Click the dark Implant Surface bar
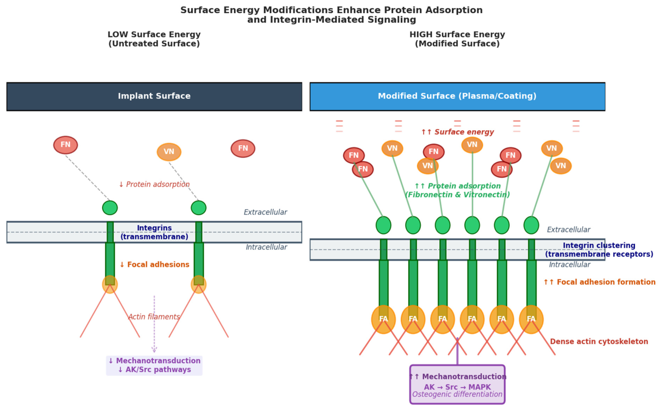click(154, 97)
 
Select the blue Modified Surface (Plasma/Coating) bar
click(458, 97)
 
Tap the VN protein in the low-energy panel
click(169, 152)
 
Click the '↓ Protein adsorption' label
click(154, 185)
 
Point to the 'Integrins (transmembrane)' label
click(154, 232)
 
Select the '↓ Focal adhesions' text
click(154, 264)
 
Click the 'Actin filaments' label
click(154, 316)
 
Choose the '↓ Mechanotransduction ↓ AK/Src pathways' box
click(154, 366)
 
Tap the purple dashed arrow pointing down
click(154, 324)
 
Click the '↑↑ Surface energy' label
click(457, 132)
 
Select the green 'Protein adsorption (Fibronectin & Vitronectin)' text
click(457, 190)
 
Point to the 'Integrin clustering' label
click(599, 245)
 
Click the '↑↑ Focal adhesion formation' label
click(599, 282)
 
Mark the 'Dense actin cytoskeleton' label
click(599, 342)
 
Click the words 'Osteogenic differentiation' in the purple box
click(457, 394)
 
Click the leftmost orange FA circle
click(383, 319)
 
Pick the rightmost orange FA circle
click(531, 319)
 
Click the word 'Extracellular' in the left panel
click(266, 212)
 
